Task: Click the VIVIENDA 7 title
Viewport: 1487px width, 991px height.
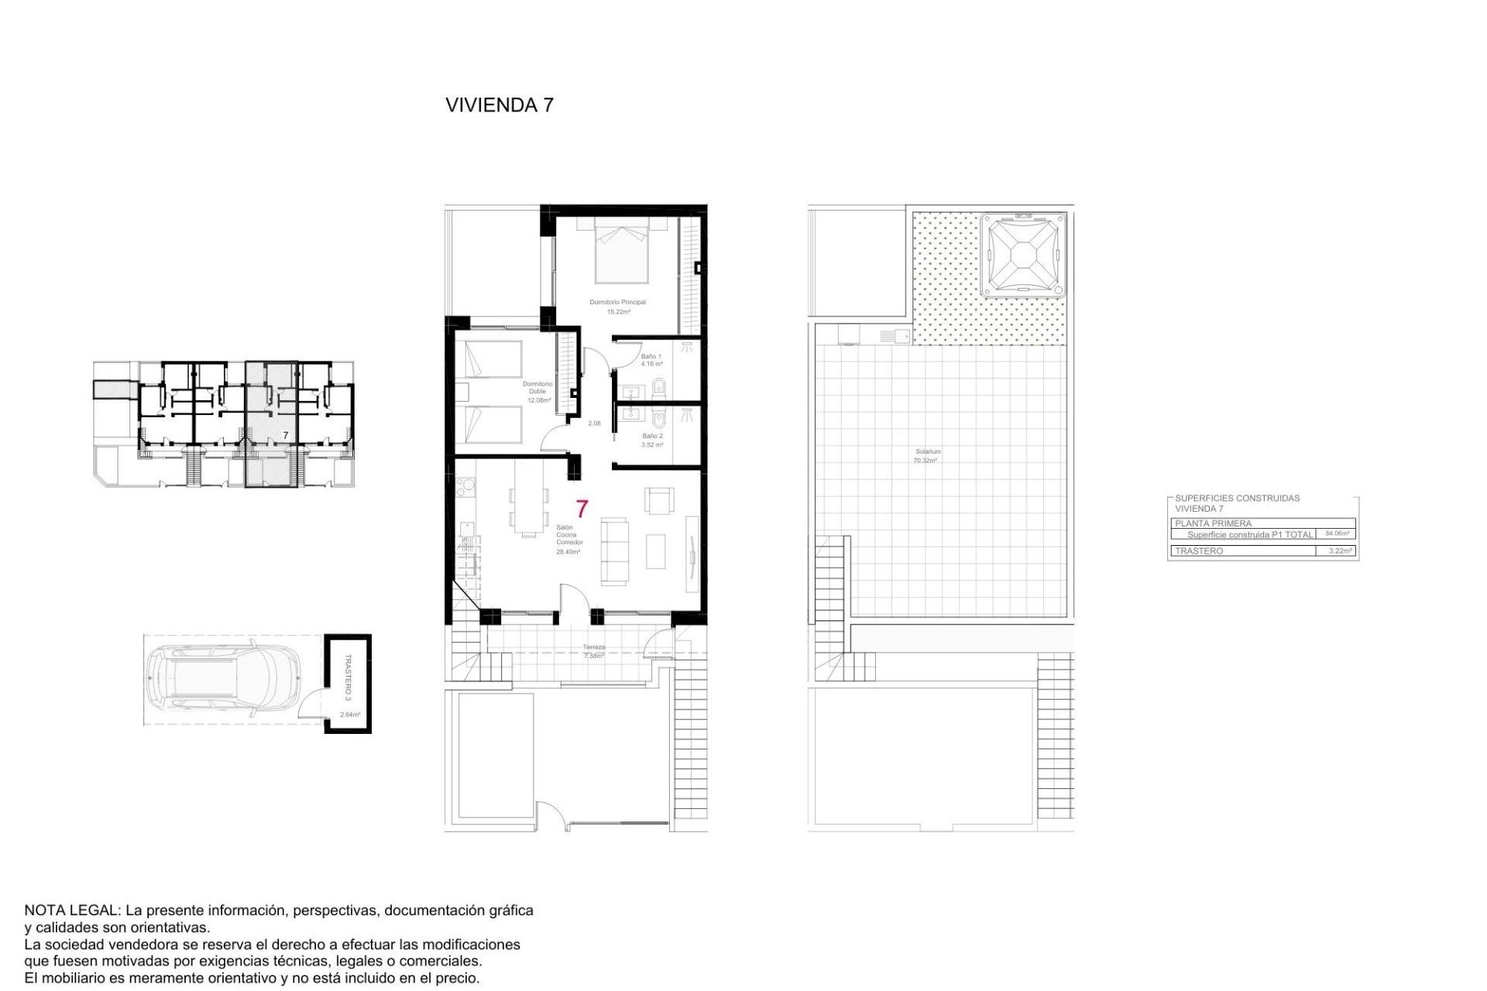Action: pos(500,105)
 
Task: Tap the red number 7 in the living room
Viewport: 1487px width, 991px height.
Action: pos(582,509)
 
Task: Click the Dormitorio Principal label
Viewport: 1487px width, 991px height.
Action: pos(617,303)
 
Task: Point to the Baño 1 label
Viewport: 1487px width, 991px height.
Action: pos(651,357)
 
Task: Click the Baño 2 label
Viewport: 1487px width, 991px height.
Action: pos(652,437)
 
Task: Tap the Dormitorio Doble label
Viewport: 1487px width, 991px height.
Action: pos(537,388)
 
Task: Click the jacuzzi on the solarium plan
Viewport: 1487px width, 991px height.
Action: pos(1023,255)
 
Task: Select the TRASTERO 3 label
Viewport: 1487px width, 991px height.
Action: pos(348,677)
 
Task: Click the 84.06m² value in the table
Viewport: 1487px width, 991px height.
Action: pos(1337,533)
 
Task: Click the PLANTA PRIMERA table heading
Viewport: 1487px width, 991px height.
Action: pos(1213,523)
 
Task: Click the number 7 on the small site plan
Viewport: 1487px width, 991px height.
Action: pos(286,436)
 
